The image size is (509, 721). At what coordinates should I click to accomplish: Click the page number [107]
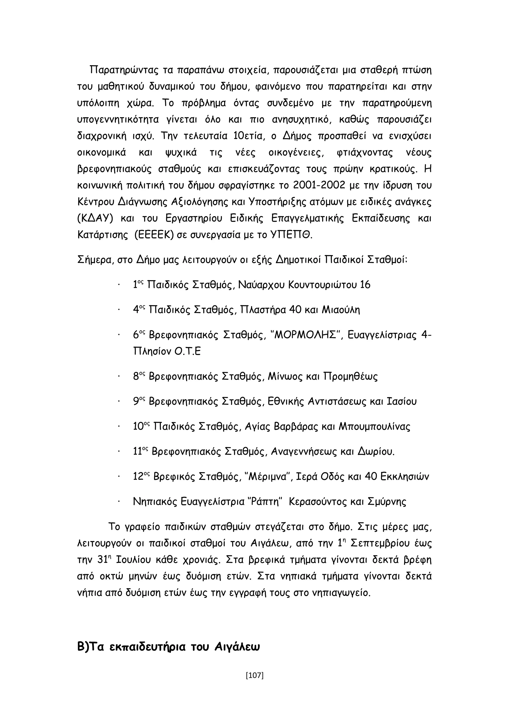click(254, 675)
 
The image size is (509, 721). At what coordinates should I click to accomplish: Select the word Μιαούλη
click(341, 310)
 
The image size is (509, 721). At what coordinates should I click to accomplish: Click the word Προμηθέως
click(350, 376)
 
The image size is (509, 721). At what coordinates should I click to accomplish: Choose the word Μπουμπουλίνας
click(375, 426)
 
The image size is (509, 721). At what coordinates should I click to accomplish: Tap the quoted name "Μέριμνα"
click(268, 477)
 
